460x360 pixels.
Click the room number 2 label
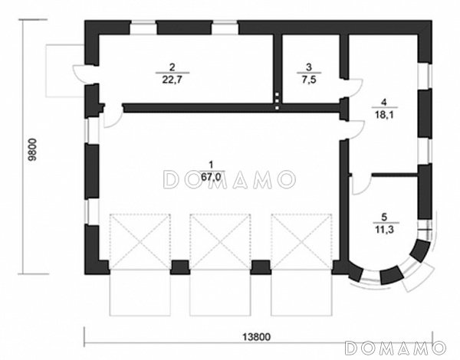[x=172, y=67]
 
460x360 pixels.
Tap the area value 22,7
[x=172, y=79]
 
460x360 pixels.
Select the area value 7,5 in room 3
[x=309, y=80]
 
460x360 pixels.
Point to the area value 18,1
[x=384, y=114]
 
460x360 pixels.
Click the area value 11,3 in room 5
[x=384, y=229]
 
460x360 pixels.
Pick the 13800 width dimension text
[x=257, y=337]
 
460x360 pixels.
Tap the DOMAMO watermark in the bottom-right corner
[x=396, y=348]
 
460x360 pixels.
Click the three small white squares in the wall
[x=278, y=101]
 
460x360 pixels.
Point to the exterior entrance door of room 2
[x=79, y=74]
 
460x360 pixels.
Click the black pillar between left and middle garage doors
[x=180, y=267]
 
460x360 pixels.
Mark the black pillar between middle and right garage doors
[x=261, y=267]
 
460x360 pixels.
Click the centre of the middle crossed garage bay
[x=220, y=242]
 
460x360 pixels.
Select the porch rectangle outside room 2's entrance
[x=65, y=71]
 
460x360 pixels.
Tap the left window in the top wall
[x=143, y=28]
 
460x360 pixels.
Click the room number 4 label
[x=384, y=103]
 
